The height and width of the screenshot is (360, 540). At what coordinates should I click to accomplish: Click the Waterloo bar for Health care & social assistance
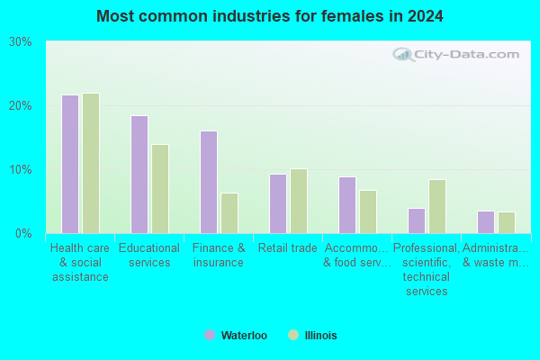tap(70, 165)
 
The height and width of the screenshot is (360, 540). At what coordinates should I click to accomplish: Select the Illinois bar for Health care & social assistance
tap(91, 163)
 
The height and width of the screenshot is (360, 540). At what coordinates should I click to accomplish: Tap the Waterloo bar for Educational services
tap(139, 175)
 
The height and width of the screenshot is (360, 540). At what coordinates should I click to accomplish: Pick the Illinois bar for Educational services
tap(160, 189)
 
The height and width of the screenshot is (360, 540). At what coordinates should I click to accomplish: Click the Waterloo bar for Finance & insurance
tap(209, 182)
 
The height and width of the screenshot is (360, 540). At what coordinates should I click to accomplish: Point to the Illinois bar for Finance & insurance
tap(229, 213)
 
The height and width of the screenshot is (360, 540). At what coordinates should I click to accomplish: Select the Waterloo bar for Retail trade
tap(278, 204)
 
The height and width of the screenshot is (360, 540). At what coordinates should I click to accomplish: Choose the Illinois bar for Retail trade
tap(299, 202)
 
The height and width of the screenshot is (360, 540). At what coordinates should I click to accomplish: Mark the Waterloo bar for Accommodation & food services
tap(347, 205)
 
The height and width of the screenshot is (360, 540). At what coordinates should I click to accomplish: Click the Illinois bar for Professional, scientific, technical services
tap(437, 207)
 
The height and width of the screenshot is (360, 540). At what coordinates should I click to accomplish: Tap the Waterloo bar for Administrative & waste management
tap(486, 222)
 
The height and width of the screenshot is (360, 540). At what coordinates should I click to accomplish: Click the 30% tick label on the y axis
tap(21, 42)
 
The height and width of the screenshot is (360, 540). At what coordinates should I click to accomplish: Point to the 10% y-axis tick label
tap(21, 170)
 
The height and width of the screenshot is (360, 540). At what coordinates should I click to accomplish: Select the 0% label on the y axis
tap(23, 234)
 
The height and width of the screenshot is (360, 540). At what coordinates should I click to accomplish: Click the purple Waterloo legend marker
tap(210, 335)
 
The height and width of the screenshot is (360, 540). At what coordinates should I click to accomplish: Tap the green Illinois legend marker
tap(293, 335)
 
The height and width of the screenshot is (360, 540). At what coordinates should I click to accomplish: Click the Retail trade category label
tap(288, 248)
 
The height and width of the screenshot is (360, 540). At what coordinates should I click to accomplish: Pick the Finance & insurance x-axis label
tap(219, 256)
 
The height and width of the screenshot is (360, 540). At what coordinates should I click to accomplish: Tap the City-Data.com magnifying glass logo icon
tap(403, 55)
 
